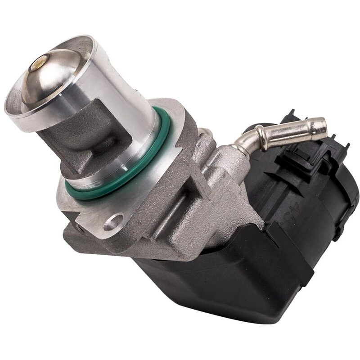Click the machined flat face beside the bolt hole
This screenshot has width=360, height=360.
point(94,211)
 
